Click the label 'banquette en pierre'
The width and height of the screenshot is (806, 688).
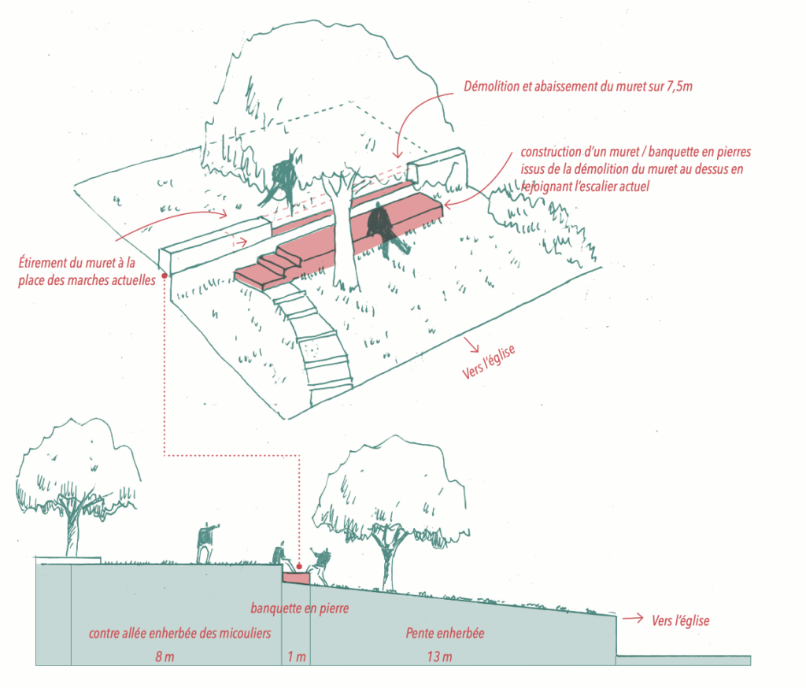(299, 608)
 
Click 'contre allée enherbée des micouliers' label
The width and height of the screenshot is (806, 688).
(179, 634)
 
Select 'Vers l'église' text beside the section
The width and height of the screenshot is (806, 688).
(680, 621)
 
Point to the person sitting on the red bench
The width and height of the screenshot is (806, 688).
(385, 227)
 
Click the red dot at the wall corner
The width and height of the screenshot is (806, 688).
(163, 276)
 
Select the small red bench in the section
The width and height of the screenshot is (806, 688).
(297, 579)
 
